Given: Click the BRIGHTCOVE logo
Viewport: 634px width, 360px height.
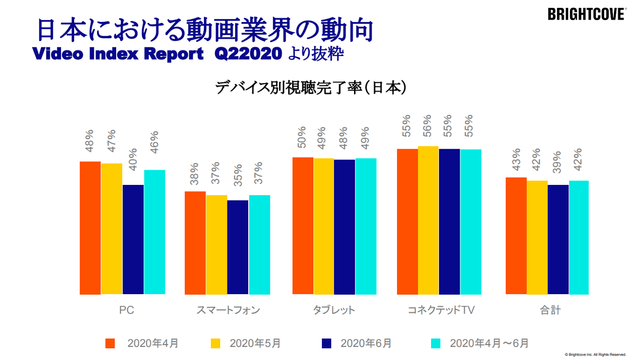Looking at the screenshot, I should point(586,14).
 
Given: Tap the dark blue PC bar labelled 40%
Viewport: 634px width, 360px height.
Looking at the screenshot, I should point(133,240).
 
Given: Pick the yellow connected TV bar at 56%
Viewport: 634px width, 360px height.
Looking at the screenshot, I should point(428,220).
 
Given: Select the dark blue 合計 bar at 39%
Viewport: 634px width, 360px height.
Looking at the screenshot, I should point(558,240).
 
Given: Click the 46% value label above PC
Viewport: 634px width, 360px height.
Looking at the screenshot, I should point(155,142).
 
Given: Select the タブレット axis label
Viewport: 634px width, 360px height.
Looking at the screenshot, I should point(334,310).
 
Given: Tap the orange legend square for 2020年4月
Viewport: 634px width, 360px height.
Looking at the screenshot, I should point(110,343).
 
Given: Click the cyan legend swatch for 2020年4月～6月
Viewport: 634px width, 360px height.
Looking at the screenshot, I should point(436,343).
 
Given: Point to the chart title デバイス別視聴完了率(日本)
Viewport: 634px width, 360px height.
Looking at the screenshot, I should point(311,88).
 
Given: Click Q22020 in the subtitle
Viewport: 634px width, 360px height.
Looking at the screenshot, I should point(248,54).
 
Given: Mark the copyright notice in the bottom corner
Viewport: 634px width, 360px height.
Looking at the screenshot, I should point(595,355).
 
